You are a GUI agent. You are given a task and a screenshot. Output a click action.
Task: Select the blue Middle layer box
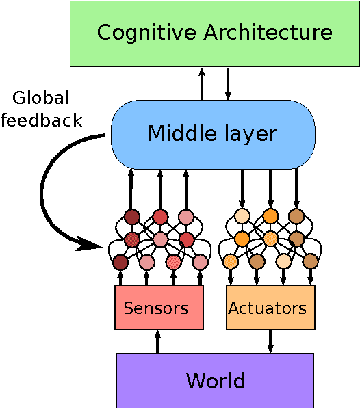pyautogui.click(x=213, y=133)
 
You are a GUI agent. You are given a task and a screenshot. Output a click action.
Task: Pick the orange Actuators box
pyautogui.click(x=270, y=308)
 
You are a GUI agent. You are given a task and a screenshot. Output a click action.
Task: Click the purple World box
pyautogui.click(x=215, y=380)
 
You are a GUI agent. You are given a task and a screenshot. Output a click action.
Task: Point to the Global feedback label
pyautogui.click(x=41, y=109)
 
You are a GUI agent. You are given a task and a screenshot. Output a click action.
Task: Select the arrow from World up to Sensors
pyautogui.click(x=158, y=342)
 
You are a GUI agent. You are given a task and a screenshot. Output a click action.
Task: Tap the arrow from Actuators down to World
pyautogui.click(x=270, y=341)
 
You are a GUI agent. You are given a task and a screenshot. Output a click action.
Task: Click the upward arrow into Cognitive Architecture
pyautogui.click(x=202, y=83)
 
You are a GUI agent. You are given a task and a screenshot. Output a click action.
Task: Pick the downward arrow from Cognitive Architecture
pyautogui.click(x=228, y=83)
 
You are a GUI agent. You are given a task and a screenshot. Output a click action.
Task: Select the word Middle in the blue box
pyautogui.click(x=176, y=133)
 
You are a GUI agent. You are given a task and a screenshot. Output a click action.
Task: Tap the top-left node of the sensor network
pyautogui.click(x=132, y=217)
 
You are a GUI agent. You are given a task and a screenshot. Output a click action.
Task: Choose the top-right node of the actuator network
pyautogui.click(x=296, y=217)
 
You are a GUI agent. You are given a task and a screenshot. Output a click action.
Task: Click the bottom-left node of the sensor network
pyautogui.click(x=120, y=262)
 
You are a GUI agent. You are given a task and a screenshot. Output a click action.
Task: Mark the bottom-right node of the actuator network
pyautogui.click(x=311, y=261)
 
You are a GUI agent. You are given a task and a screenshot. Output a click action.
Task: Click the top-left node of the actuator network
pyautogui.click(x=242, y=217)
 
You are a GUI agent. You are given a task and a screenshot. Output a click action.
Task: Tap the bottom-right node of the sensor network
pyautogui.click(x=200, y=262)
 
